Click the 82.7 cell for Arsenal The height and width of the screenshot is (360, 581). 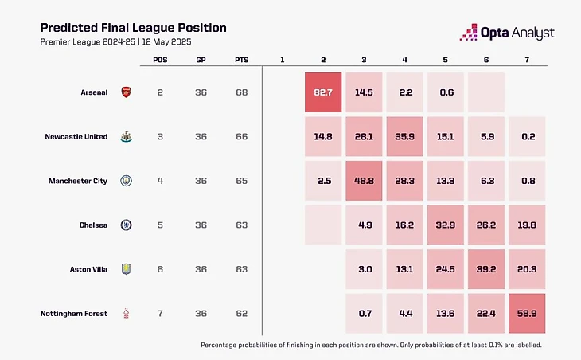[323, 92]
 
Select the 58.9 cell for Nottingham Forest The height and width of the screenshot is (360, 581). [525, 313]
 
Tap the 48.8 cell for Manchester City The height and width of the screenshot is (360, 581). [364, 181]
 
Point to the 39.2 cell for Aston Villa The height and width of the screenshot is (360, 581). [485, 269]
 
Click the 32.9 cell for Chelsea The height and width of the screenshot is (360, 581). [444, 225]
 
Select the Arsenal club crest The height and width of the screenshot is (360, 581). [126, 92]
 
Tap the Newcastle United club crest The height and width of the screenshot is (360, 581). [126, 136]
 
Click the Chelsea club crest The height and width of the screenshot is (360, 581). [126, 225]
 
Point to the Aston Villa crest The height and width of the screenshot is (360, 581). [126, 269]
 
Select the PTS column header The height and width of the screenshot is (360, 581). [241, 60]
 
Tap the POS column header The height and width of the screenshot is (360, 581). [160, 60]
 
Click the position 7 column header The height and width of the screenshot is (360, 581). [525, 60]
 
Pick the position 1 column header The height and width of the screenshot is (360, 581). [283, 60]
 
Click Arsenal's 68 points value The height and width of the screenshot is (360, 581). [241, 92]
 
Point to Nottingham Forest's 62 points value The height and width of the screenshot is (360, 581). [241, 313]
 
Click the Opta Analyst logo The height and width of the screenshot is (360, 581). [507, 32]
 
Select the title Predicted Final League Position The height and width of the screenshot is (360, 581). [133, 27]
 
